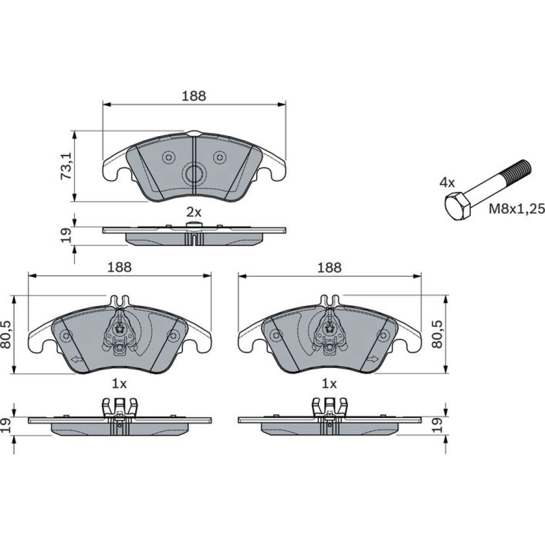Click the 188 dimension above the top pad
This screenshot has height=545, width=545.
pyautogui.click(x=194, y=96)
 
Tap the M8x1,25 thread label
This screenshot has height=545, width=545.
pyautogui.click(x=517, y=209)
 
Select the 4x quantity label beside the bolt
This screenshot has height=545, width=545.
pyautogui.click(x=447, y=183)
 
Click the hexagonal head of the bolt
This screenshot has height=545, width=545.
pyautogui.click(x=458, y=206)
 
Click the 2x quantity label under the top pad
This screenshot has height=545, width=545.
pyautogui.click(x=194, y=211)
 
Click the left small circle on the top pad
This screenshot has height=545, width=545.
pyautogui.click(x=169, y=158)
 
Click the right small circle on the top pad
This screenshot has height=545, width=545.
pyautogui.click(x=220, y=158)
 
